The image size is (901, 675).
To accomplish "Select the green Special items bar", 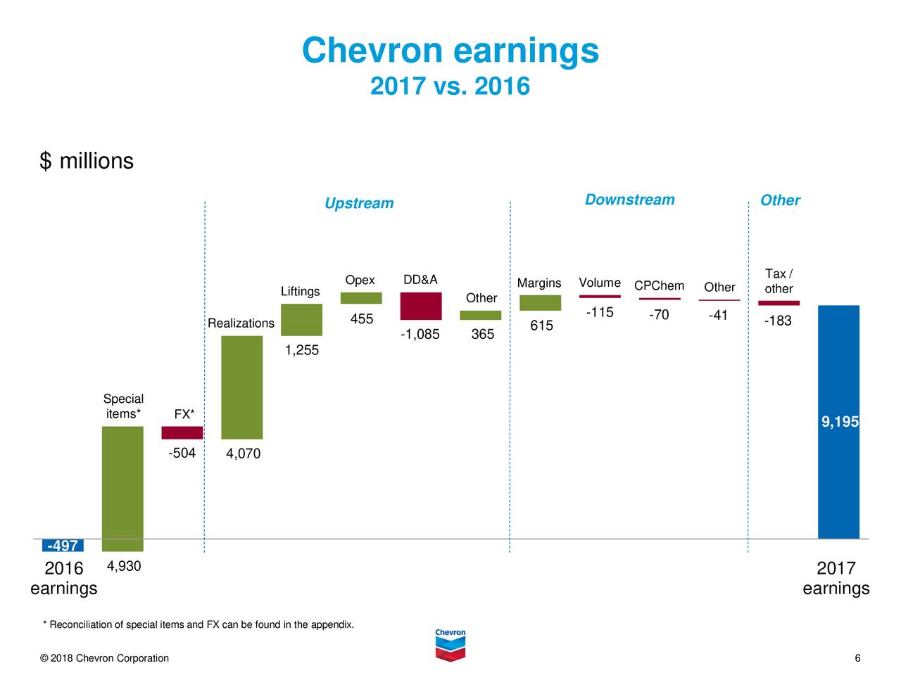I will [x=122, y=489].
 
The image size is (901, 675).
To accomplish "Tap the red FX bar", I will [x=182, y=432].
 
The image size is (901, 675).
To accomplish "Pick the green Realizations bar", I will [x=241, y=387].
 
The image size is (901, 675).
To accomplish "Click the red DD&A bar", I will [x=421, y=306].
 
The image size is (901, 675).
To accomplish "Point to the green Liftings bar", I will [x=301, y=320].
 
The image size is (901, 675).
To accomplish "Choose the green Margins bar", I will [x=540, y=302].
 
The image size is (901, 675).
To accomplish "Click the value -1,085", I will [x=420, y=334].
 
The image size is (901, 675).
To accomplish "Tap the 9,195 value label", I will [x=840, y=422].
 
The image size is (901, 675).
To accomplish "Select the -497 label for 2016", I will [x=63, y=546].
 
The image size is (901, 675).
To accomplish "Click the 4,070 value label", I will [x=243, y=454].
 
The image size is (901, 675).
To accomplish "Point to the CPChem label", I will [x=659, y=285].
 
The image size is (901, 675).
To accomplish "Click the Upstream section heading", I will [x=359, y=203].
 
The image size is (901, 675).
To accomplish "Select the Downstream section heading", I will [x=629, y=200].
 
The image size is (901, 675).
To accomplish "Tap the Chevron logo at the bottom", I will [x=450, y=644].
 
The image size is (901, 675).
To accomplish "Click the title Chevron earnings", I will [x=450, y=51].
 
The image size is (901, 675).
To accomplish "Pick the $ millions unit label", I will [x=87, y=161].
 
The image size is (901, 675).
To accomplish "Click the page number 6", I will [x=857, y=658].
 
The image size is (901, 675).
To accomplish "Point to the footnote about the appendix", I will [x=199, y=625].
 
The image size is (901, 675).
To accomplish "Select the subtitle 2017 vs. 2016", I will [x=450, y=86].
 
